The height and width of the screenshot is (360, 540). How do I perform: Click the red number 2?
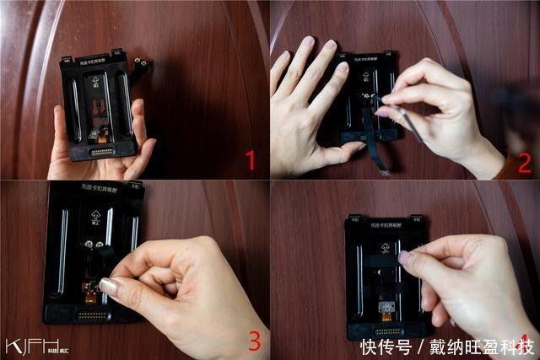coord(524,162)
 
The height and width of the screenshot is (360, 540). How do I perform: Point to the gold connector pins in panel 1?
coord(103,152)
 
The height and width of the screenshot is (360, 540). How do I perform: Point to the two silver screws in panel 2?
coord(371,99)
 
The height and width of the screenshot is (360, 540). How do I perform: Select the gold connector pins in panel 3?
coord(93,314)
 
